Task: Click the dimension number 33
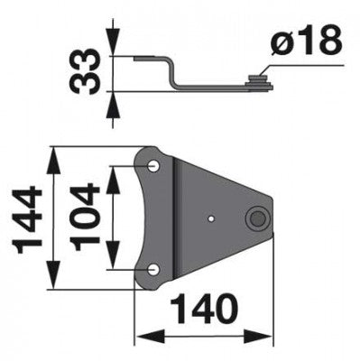[84, 71]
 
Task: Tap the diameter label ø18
[306, 42]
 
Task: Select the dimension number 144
[28, 219]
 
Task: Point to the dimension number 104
[84, 218]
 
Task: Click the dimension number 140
[204, 309]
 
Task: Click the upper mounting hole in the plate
[153, 166]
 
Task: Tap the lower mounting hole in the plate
[153, 270]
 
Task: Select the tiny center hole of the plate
[212, 218]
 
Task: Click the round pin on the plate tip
[257, 218]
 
